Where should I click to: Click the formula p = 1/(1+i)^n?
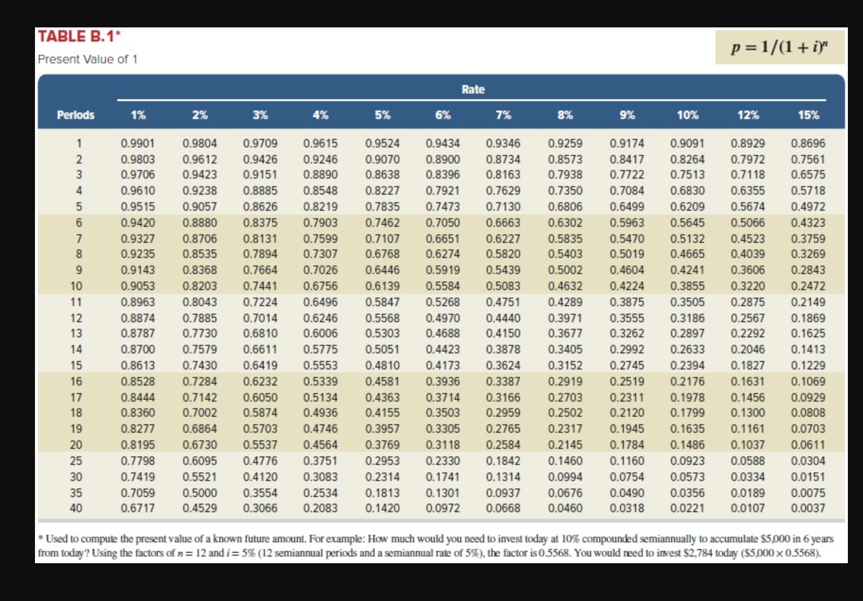(x=779, y=47)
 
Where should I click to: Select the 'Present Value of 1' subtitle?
(x=87, y=59)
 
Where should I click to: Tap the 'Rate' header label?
(x=473, y=89)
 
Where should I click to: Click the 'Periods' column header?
(x=76, y=115)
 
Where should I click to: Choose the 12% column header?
(x=748, y=115)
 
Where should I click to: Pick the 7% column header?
(x=503, y=115)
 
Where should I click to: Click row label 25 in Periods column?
(x=76, y=461)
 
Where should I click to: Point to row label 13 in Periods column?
(x=76, y=334)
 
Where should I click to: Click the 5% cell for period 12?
(x=382, y=318)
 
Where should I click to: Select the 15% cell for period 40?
(x=808, y=508)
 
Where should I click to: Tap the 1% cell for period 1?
(x=138, y=143)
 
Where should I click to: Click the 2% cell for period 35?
(x=199, y=493)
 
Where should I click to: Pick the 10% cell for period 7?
(x=687, y=239)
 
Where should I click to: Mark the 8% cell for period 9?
(x=565, y=270)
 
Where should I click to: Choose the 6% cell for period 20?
(x=442, y=445)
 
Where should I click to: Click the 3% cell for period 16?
(x=260, y=381)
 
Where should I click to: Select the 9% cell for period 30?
(x=627, y=477)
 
